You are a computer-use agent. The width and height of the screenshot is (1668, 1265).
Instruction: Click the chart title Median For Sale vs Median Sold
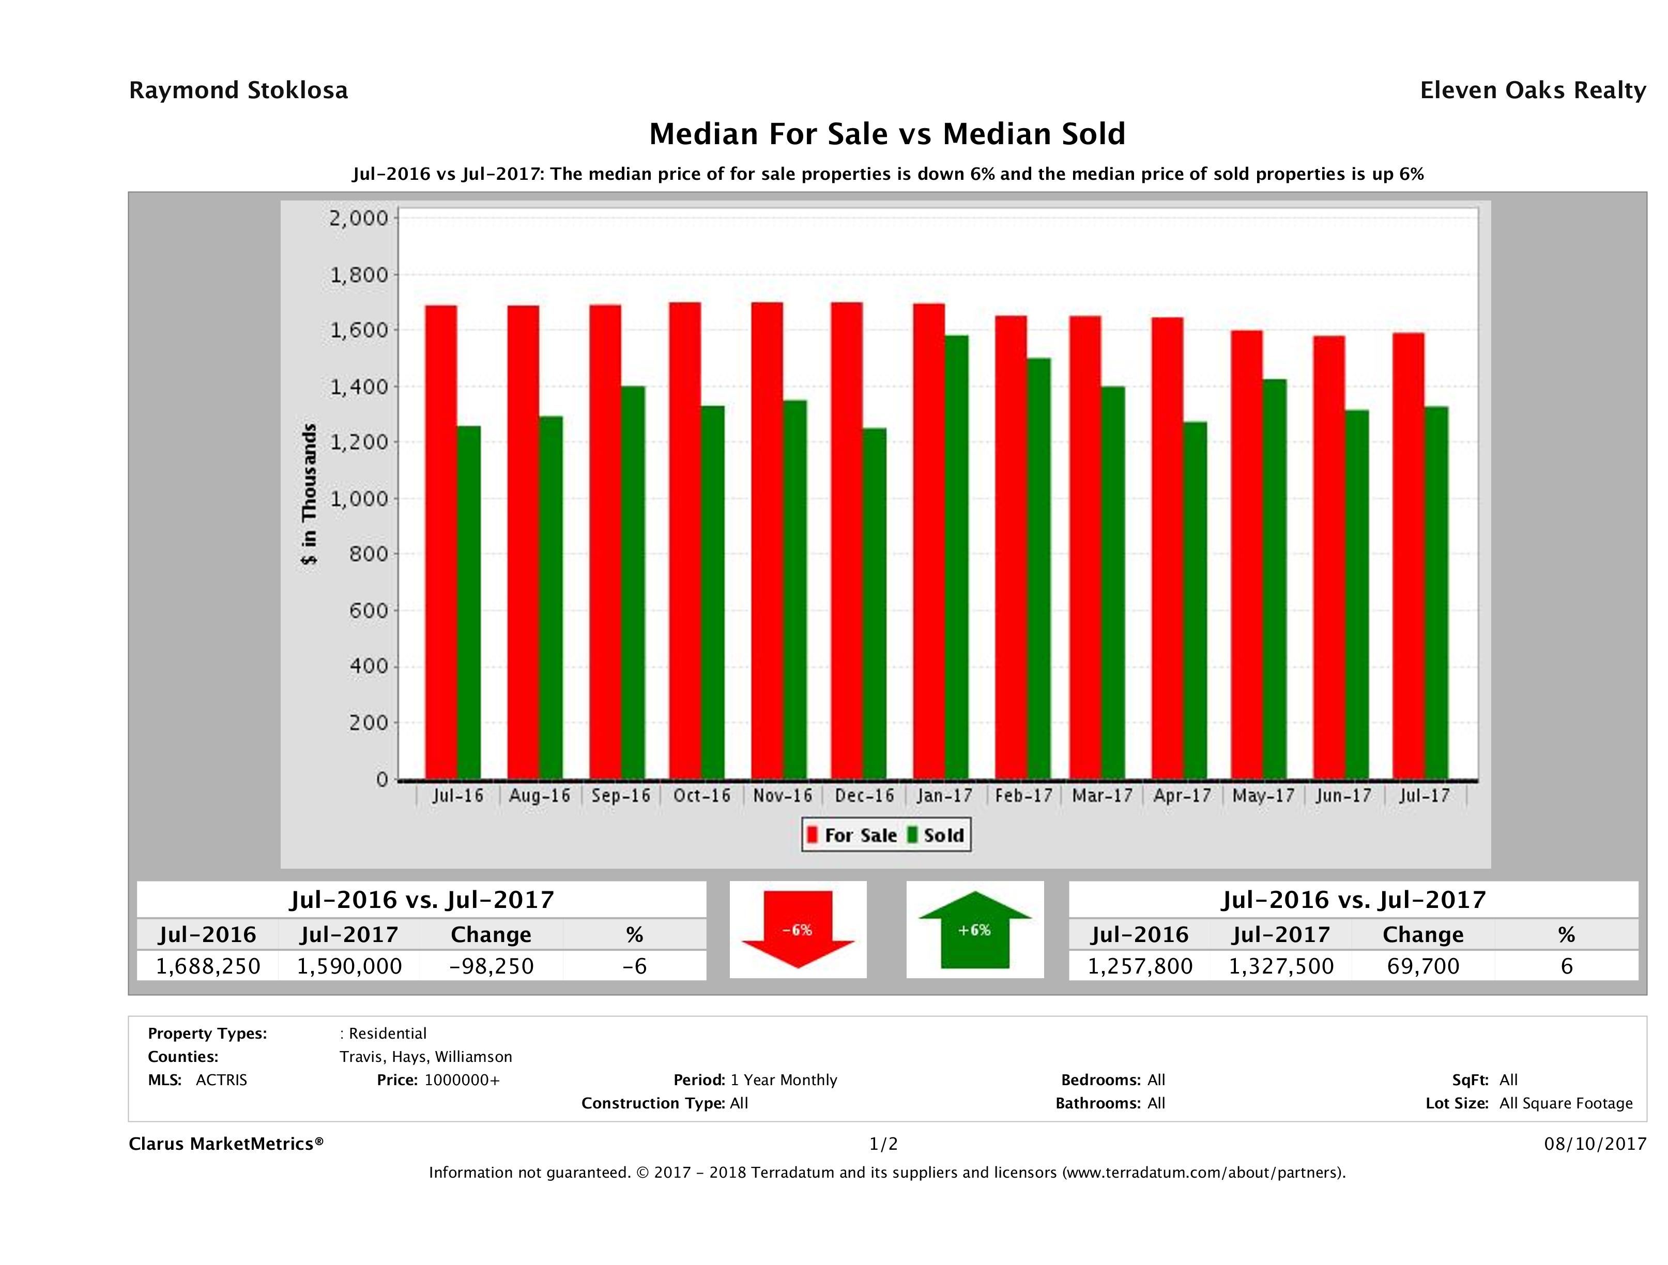pyautogui.click(x=887, y=134)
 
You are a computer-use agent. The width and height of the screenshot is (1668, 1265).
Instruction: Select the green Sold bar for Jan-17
pyautogui.click(x=956, y=558)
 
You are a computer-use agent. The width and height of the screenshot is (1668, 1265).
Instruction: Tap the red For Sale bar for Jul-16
pyautogui.click(x=441, y=543)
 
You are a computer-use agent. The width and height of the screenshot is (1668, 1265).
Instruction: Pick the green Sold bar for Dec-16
pyautogui.click(x=875, y=603)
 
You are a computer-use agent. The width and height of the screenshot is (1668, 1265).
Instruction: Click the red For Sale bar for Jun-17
pyautogui.click(x=1329, y=558)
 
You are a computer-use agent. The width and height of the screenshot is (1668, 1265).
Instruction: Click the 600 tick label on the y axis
pyautogui.click(x=368, y=611)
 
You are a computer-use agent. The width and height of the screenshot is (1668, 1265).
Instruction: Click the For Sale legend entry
pyautogui.click(x=852, y=835)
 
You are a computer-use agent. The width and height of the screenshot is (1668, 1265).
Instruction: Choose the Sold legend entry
pyautogui.click(x=936, y=835)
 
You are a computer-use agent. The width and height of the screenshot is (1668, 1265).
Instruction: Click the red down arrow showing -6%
pyautogui.click(x=798, y=930)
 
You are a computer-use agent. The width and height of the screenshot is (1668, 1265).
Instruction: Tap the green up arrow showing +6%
pyautogui.click(x=974, y=930)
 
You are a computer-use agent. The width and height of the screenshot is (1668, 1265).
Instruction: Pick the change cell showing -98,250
pyautogui.click(x=491, y=966)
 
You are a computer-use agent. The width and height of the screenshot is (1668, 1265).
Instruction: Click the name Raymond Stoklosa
pyautogui.click(x=238, y=90)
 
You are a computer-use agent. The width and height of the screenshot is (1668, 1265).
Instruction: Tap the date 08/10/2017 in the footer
pyautogui.click(x=1595, y=1144)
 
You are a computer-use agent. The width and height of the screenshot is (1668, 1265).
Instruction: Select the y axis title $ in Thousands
pyautogui.click(x=309, y=495)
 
